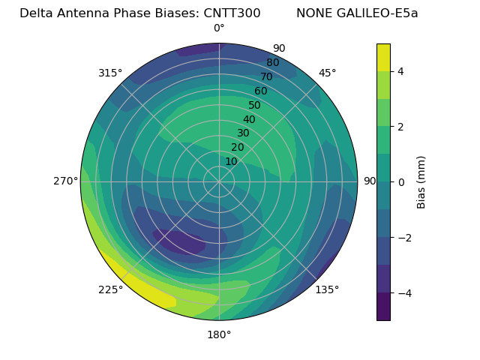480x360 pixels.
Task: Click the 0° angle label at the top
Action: [x=219, y=28]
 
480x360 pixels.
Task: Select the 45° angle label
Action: [x=327, y=73]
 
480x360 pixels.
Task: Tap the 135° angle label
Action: [x=327, y=289]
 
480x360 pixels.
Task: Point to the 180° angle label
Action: [x=219, y=334]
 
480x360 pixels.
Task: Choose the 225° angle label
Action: [x=110, y=289]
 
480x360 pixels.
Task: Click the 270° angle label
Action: [x=66, y=181]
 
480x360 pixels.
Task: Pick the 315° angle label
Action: [x=110, y=73]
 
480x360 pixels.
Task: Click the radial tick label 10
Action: [x=231, y=161]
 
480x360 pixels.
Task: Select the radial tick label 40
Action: [x=249, y=119]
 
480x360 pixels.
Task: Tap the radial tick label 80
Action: [x=272, y=63]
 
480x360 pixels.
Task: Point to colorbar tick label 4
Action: [x=401, y=71]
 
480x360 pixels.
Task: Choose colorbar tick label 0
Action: [x=401, y=181]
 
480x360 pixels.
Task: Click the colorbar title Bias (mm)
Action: [x=421, y=181]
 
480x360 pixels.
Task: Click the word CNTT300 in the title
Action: [x=232, y=13]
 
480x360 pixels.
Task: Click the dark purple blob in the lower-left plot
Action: [x=180, y=241]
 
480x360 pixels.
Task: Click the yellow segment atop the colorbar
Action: [x=383, y=57]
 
